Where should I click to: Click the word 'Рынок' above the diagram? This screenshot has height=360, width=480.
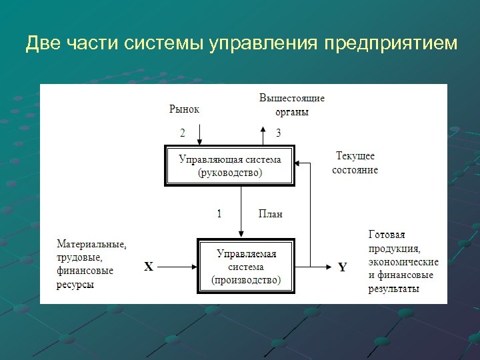click(x=184, y=109)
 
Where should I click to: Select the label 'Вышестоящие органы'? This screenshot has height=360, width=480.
click(x=292, y=105)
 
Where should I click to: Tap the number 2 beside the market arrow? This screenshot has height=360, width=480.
click(x=183, y=133)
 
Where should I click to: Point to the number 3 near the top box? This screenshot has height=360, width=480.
click(x=278, y=133)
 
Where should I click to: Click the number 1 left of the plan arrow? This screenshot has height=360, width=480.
click(x=219, y=214)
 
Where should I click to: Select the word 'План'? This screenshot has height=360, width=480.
click(x=271, y=214)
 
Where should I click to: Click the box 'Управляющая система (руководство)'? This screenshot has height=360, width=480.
click(x=230, y=166)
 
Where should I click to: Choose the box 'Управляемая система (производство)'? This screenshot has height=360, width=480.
click(x=246, y=266)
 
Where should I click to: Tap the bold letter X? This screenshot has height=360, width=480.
click(x=149, y=267)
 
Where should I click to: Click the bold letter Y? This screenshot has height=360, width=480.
click(x=343, y=267)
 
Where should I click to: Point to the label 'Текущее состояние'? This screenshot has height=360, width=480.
click(x=355, y=163)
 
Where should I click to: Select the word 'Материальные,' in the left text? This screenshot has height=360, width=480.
click(x=91, y=244)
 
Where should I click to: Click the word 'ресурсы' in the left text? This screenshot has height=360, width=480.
click(x=75, y=284)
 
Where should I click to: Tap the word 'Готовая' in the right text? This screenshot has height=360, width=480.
click(x=387, y=235)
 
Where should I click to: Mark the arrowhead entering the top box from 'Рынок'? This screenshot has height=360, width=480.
click(x=199, y=143)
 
